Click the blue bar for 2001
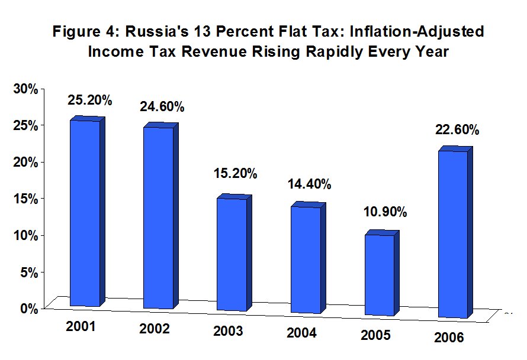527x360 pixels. pos(85,213)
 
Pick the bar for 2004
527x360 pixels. pos(306,259)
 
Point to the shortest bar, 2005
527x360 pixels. pos(379,275)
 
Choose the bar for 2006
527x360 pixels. pos(452,234)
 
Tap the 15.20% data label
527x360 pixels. pos(235,174)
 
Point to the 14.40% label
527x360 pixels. pos(309,184)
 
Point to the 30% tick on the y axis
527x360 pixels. pos(27,89)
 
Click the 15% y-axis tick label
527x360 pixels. pos(27,199)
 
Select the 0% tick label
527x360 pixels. pos(31,308)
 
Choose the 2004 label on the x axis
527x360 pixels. pos(301,333)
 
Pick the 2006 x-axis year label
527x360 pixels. pos(448,339)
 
